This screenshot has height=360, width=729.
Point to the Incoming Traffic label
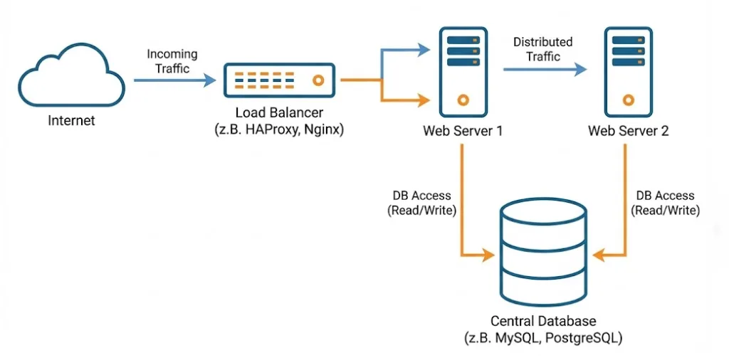[172, 61]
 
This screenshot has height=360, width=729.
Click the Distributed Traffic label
[542, 49]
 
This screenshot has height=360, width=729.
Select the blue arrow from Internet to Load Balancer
[174, 80]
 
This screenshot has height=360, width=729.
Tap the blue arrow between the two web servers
[545, 69]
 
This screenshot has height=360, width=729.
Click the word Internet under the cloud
[71, 120]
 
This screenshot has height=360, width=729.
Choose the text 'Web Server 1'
[463, 131]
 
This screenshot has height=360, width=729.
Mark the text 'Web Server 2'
[627, 131]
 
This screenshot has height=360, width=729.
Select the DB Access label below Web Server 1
[421, 203]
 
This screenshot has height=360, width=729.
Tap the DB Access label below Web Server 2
[666, 203]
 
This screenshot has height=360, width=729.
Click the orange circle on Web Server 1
[463, 100]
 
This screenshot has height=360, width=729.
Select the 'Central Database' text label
[543, 322]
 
